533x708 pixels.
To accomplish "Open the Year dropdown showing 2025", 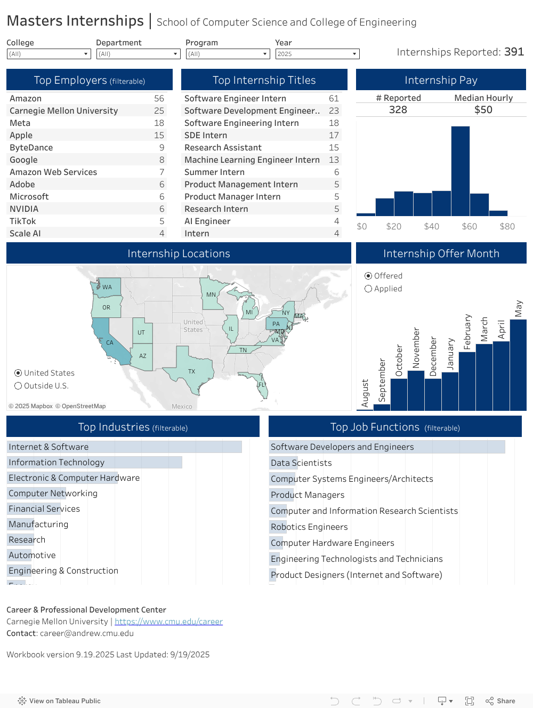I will coord(317,54).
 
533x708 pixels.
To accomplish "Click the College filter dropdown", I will coord(49,54).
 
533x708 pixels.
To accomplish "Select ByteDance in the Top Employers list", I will coord(31,148).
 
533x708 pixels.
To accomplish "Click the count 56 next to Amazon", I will coord(159,99).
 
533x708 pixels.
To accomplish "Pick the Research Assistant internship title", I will coord(223,148).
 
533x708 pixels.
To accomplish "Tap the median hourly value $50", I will coord(483,110).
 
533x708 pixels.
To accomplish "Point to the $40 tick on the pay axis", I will coord(431,226).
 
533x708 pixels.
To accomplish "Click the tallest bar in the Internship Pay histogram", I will coord(461,171).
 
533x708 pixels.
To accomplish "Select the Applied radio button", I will coord(368,289).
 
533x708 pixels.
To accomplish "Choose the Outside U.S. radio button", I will coord(18,386).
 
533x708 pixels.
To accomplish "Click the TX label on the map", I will coord(191,371).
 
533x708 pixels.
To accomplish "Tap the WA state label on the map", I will coord(107,287).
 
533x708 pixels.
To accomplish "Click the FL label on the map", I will coord(261,385).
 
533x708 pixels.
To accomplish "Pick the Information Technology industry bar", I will coord(95,463).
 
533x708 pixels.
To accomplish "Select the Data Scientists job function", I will coord(301,463).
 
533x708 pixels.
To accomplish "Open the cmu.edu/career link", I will coord(168,622).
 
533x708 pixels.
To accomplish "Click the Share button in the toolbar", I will coord(500,701).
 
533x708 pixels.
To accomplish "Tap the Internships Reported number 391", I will coord(514,52).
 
